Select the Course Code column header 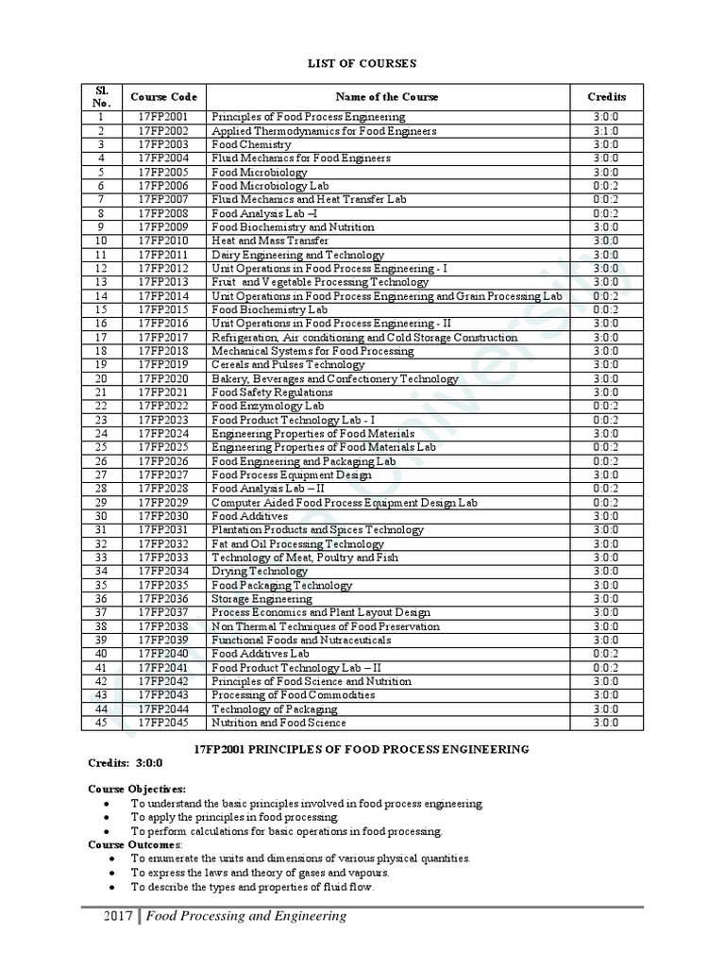click(163, 96)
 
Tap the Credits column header click(606, 96)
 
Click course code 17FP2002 click(163, 131)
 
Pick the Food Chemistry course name click(251, 144)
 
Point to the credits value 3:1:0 click(606, 131)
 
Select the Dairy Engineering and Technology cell click(297, 255)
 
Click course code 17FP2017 click(163, 337)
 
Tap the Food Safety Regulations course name click(272, 391)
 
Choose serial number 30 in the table click(101, 516)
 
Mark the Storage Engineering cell click(261, 598)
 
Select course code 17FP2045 click(163, 723)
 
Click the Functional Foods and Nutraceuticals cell click(301, 640)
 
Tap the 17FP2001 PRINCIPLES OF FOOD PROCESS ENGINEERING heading click(361, 748)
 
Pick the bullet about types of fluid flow click(252, 887)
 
